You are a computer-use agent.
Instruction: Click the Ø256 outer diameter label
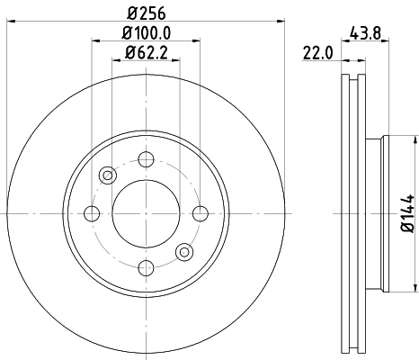[x=144, y=13]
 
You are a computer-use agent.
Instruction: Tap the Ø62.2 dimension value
[x=144, y=54]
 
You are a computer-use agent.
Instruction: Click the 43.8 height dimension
[x=369, y=33]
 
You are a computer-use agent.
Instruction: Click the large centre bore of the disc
[x=144, y=212]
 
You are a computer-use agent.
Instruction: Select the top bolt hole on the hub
[x=144, y=159]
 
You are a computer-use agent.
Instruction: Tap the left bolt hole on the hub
[x=91, y=212]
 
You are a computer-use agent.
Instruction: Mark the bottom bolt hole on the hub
[x=144, y=265]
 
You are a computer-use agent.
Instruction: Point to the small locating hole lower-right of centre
[x=184, y=251]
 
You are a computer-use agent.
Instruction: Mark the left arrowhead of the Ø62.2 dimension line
[x=114, y=61]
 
